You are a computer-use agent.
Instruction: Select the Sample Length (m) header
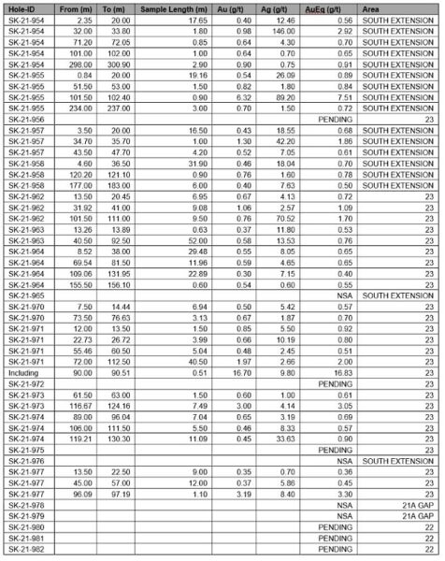[168, 7]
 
